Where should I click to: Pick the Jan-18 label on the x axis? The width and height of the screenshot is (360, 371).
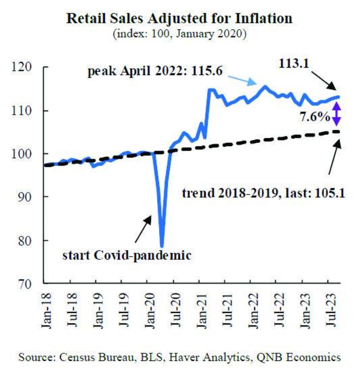click(46, 310)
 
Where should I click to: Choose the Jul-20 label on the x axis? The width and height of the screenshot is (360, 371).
click(174, 310)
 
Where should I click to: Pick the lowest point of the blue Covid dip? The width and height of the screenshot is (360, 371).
click(162, 246)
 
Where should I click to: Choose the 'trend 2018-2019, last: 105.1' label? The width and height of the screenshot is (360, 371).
click(263, 194)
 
